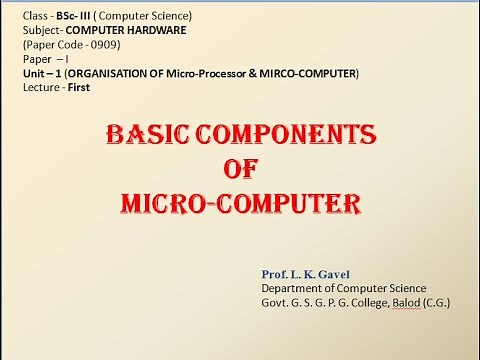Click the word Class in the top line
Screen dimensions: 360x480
click(35, 17)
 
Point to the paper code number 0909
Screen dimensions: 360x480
click(103, 45)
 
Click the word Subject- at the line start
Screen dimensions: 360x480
click(41, 31)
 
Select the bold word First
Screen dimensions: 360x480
click(82, 88)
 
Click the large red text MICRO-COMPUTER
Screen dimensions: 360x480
click(239, 204)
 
